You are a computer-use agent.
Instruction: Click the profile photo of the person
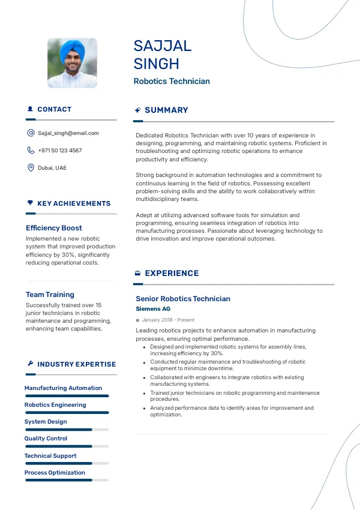pyautogui.click(x=72, y=64)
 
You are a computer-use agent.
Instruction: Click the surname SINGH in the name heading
pyautogui.click(x=157, y=64)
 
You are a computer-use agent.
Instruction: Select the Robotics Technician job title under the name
pyautogui.click(x=172, y=81)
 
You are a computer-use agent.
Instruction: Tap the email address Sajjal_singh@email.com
pyautogui.click(x=68, y=133)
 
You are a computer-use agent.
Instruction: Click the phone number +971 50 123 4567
pyautogui.click(x=60, y=151)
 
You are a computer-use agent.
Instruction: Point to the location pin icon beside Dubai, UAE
pyautogui.click(x=31, y=167)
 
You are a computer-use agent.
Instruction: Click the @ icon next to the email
pyautogui.click(x=31, y=133)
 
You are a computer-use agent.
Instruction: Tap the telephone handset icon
pyautogui.click(x=31, y=151)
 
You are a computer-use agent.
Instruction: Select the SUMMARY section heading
pyautogui.click(x=166, y=110)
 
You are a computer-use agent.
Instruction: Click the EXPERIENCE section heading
pyautogui.click(x=172, y=274)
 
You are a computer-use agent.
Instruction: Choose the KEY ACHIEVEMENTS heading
pyautogui.click(x=74, y=204)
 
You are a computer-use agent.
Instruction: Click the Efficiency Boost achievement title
pyautogui.click(x=54, y=228)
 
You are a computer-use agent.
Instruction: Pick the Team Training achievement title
pyautogui.click(x=50, y=295)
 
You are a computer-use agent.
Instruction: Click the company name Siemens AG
pyautogui.click(x=153, y=309)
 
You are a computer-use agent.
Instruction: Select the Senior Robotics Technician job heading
pyautogui.click(x=183, y=299)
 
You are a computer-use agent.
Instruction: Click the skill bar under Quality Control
pyautogui.click(x=66, y=446)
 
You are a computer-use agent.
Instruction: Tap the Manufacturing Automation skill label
pyautogui.click(x=63, y=388)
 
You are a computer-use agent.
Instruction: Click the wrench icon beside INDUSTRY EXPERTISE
pyautogui.click(x=31, y=364)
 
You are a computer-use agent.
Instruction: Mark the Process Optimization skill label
pyautogui.click(x=55, y=473)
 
